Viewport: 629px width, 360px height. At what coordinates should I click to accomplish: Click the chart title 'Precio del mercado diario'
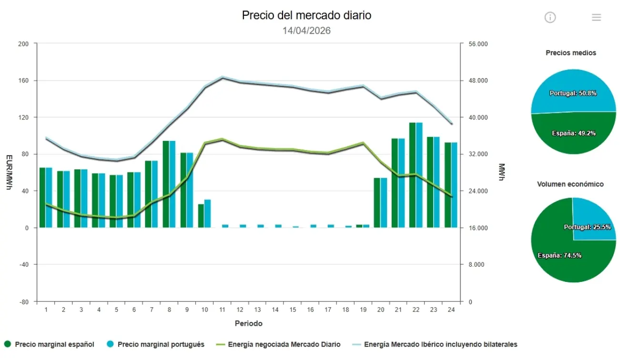[306, 15]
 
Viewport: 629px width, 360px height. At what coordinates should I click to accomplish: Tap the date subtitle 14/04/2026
[306, 31]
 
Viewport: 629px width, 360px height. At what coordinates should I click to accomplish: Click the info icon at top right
[550, 18]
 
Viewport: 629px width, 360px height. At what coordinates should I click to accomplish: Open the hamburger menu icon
[596, 18]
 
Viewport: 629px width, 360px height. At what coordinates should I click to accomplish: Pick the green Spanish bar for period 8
[166, 184]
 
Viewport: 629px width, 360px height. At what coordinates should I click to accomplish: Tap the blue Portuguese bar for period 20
[384, 203]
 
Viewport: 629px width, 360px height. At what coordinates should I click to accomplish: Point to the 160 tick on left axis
[24, 80]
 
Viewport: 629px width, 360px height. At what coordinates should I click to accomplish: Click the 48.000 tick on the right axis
[478, 80]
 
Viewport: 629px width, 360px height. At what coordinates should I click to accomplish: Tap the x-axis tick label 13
[257, 310]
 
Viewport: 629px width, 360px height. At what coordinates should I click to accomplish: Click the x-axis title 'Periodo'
[248, 323]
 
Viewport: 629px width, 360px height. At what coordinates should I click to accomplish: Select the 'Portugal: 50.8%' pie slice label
[573, 93]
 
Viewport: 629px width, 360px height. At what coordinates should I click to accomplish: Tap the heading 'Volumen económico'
[570, 184]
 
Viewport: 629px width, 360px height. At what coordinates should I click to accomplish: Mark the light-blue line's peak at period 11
[222, 77]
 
